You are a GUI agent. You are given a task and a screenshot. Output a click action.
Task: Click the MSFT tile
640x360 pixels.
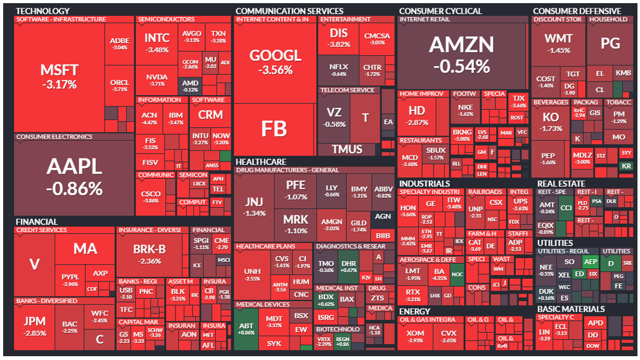pos(59,76)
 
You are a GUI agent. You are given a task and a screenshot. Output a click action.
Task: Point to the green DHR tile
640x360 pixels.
pos(349,266)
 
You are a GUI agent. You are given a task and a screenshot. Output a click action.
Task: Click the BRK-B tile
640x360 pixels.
pos(150,254)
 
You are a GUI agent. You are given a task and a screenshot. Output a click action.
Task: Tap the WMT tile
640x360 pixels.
pos(558,45)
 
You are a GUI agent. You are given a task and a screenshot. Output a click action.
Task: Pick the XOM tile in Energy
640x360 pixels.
pos(415,336)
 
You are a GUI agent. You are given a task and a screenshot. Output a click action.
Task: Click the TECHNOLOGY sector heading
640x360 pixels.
pos(42,11)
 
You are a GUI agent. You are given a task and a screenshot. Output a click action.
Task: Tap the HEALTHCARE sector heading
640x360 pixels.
pos(260,162)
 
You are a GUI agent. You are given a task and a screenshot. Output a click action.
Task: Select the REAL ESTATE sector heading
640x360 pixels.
pos(561,184)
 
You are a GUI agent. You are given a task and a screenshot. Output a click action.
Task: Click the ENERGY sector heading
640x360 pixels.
pos(414,311)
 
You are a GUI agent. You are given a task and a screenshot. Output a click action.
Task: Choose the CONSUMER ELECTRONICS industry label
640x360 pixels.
pos(54,137)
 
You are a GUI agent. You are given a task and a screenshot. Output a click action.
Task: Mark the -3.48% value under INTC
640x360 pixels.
pos(157,49)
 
